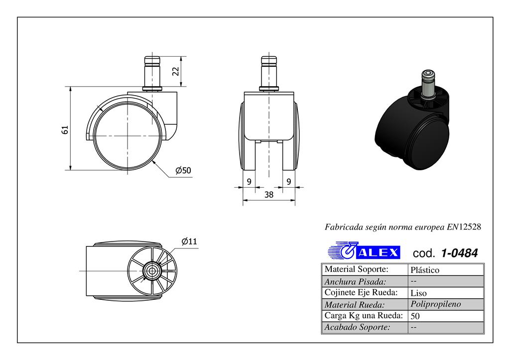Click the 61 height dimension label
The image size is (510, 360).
click(x=65, y=129)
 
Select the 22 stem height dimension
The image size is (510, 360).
click(x=175, y=71)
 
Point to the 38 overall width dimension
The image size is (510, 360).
click(x=268, y=195)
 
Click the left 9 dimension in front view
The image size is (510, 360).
click(x=249, y=182)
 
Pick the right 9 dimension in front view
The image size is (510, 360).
click(x=288, y=182)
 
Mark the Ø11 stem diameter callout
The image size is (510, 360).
click(x=189, y=241)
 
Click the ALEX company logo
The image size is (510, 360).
click(x=364, y=251)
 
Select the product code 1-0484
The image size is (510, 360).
click(x=459, y=253)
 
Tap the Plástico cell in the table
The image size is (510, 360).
click(x=425, y=270)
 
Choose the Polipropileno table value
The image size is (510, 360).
click(x=436, y=304)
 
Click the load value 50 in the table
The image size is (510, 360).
click(x=415, y=316)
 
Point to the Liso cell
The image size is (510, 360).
click(x=419, y=293)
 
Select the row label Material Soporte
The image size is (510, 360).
click(x=356, y=269)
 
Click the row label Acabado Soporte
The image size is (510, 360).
click(x=357, y=327)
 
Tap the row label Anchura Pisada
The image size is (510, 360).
click(x=355, y=281)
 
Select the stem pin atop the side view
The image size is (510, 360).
click(x=152, y=72)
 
